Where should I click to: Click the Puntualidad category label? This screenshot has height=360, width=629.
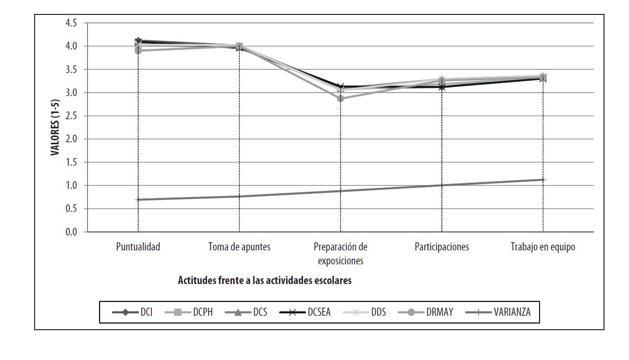(138, 247)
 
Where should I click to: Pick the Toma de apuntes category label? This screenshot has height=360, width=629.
(239, 247)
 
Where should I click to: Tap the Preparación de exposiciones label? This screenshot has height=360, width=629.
(340, 254)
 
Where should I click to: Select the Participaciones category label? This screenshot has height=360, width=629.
(441, 247)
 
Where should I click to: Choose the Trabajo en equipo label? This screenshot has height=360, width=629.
(543, 247)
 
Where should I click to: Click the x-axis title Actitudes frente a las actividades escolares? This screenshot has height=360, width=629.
(264, 281)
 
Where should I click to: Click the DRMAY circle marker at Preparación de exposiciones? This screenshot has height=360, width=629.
(340, 99)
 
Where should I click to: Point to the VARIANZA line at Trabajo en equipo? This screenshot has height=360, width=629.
(543, 180)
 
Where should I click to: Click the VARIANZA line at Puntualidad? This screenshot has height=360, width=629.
(138, 199)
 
